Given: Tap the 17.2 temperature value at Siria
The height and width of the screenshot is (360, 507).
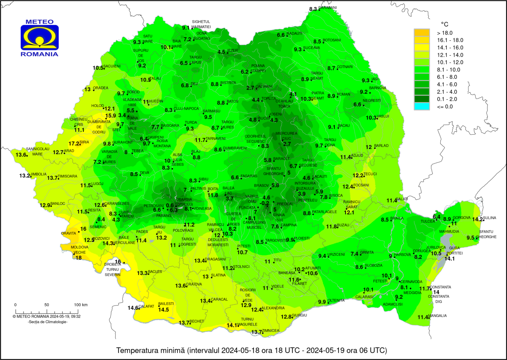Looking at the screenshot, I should pyautogui.click(x=74, y=144).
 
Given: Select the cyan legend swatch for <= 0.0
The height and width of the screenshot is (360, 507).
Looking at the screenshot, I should pyautogui.click(x=422, y=106).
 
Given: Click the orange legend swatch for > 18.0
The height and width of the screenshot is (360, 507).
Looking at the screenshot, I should pyautogui.click(x=422, y=33).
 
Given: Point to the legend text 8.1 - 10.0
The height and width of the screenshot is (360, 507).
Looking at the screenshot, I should pyautogui.click(x=449, y=70).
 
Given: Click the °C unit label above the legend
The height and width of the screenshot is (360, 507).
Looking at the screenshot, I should pyautogui.click(x=445, y=24).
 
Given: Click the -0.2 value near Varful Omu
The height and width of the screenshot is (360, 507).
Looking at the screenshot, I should pyautogui.click(x=265, y=203).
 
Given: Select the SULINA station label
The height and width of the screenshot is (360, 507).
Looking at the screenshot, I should pyautogui.click(x=490, y=218).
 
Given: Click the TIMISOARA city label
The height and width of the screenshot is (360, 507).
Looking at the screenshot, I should pyautogui.click(x=67, y=176).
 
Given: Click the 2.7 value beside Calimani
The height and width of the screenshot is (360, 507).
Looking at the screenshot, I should pyautogui.click(x=250, y=88).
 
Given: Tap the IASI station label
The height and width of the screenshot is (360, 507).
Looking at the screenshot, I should pyautogui.click(x=375, y=79).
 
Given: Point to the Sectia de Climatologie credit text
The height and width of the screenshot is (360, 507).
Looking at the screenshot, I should pyautogui.click(x=48, y=322).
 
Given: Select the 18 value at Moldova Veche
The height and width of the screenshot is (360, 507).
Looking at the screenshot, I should pyautogui.click(x=79, y=258).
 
